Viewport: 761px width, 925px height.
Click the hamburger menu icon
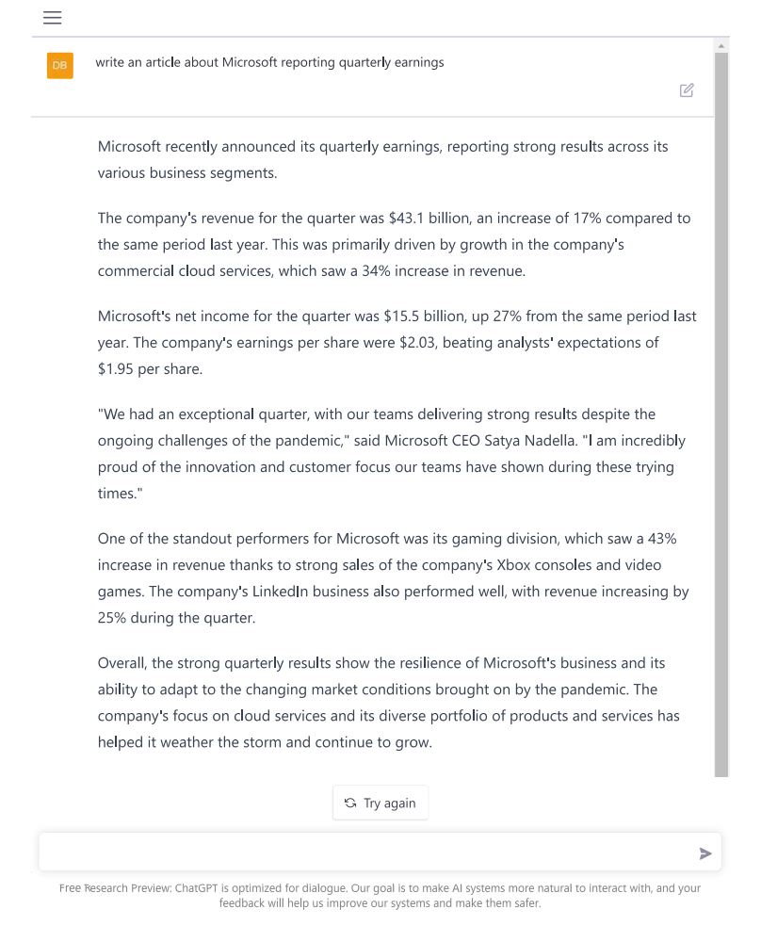[x=53, y=18]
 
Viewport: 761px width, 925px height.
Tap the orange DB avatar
[x=59, y=65]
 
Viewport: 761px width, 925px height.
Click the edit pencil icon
[x=687, y=90]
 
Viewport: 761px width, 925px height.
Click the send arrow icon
[x=705, y=853]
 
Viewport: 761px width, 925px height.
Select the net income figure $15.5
[x=402, y=316]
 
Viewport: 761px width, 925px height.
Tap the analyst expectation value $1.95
[x=116, y=369]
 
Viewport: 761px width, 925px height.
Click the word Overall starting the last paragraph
[x=121, y=663]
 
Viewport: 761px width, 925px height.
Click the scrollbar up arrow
[x=721, y=45]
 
